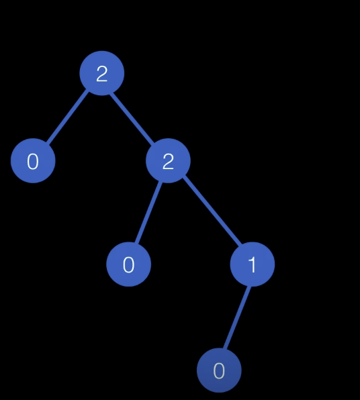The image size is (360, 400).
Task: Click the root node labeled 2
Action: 102,73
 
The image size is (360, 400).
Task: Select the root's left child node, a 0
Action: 33,160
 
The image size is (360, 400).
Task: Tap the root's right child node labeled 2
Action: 168,160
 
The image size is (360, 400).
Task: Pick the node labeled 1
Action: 253,264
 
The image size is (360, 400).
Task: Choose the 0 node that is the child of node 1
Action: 219,370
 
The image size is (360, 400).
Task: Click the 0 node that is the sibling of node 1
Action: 128,264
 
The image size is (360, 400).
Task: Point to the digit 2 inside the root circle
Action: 102,74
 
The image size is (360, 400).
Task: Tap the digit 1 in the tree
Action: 252,265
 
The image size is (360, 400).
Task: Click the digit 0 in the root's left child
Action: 33,162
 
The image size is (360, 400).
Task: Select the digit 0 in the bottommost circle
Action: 219,370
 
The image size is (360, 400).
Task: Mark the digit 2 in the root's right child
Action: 168,162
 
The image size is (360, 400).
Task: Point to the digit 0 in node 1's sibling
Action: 128,265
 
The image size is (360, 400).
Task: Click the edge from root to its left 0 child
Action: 67,117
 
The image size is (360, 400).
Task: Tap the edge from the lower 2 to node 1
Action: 212,210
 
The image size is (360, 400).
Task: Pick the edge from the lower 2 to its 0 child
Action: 148,212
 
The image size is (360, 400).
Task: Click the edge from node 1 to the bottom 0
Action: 236,317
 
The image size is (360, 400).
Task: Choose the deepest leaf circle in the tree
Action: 219,370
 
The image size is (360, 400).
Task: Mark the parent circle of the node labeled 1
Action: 168,160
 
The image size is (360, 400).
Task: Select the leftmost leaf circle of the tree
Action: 33,160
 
